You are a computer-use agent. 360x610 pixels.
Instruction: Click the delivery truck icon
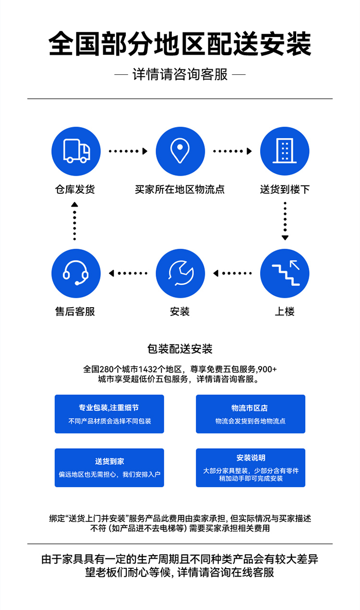[76, 151]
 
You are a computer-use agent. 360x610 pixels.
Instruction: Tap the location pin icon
[180, 151]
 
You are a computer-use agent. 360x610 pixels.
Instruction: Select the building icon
[285, 151]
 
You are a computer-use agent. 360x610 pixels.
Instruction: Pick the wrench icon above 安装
[180, 273]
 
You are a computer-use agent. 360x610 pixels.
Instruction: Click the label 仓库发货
[75, 189]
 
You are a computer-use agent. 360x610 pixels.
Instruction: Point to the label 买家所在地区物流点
[180, 189]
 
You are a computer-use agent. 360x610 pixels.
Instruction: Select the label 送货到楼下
[285, 189]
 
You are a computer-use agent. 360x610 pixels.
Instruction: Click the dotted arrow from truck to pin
[128, 151]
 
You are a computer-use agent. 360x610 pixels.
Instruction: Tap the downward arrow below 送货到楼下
[285, 221]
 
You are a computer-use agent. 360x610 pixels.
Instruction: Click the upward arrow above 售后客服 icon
[74, 221]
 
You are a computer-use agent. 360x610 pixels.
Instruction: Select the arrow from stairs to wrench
[232, 273]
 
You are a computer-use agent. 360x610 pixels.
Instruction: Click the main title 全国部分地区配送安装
[180, 44]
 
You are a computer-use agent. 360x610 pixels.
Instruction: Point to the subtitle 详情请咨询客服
[180, 74]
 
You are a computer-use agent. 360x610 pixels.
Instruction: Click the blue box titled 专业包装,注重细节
[109, 414]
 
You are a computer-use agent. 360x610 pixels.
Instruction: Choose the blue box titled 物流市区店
[251, 414]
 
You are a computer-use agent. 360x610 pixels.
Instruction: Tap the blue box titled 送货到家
[109, 467]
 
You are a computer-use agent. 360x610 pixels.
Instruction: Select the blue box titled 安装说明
[251, 467]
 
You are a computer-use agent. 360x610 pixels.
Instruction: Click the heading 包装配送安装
[180, 349]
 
